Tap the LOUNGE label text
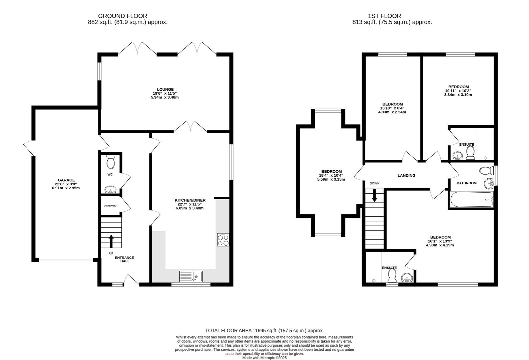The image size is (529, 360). tap(165, 89)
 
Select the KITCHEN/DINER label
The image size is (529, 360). tap(190, 200)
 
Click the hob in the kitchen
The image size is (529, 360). tap(223, 240)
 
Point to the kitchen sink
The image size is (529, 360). tap(191, 276)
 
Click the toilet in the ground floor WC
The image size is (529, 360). tap(110, 162)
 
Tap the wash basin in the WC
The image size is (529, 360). tap(110, 189)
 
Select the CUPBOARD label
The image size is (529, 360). tap(110, 206)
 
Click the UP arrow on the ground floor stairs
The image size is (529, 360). tap(111, 241)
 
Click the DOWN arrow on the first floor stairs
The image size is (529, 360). tap(374, 195)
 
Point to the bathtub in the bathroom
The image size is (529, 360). tap(472, 200)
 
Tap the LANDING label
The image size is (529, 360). tap(407, 176)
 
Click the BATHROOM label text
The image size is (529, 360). tap(467, 183)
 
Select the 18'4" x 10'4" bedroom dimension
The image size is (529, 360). tap(331, 175)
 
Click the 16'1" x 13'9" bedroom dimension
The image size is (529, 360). tap(440, 241)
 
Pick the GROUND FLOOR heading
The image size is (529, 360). tap(122, 16)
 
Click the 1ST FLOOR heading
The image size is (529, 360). tap(385, 16)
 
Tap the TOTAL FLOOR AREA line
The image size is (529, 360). tap(264, 331)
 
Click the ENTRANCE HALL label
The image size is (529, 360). tap(124, 259)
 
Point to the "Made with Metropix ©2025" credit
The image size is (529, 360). tap(264, 358)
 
